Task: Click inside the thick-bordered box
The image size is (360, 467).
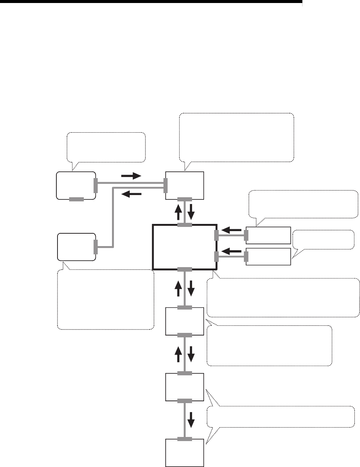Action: click(x=185, y=247)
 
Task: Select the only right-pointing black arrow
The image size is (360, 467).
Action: click(x=131, y=175)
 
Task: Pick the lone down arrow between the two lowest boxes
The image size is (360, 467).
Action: click(x=191, y=419)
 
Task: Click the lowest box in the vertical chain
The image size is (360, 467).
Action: click(x=185, y=452)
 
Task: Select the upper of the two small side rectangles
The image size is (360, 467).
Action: click(x=268, y=235)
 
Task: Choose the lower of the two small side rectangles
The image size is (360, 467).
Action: click(x=268, y=257)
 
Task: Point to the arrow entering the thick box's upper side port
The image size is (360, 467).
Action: click(x=231, y=229)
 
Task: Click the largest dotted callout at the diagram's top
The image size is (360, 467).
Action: click(x=237, y=137)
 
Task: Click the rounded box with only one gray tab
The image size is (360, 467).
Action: click(x=76, y=246)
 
